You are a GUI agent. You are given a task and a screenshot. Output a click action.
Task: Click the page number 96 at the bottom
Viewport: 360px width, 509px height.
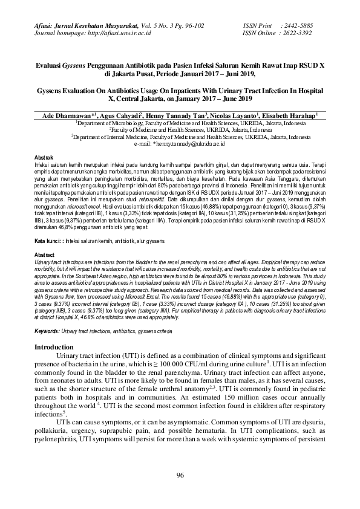pos(180,476)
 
